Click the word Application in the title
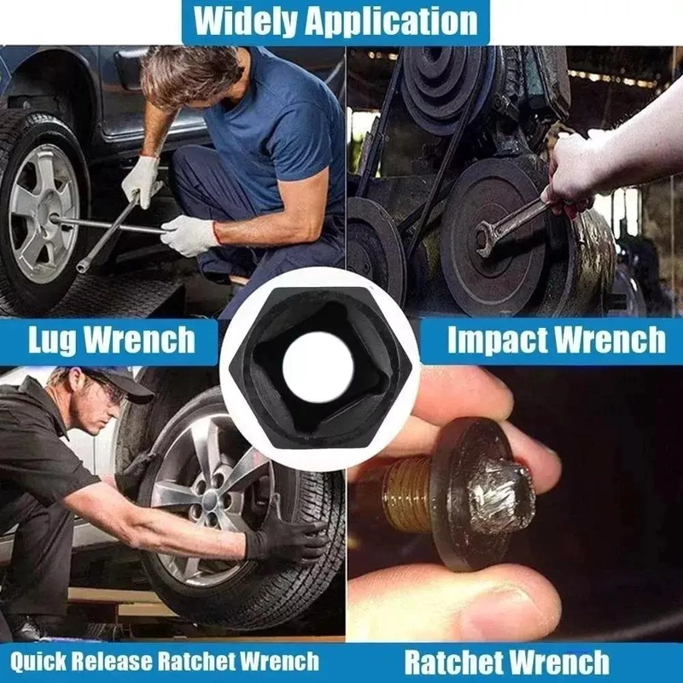coord(392,22)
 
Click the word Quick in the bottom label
coord(38,662)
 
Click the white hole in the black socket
coord(318,367)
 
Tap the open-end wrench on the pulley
coord(511,227)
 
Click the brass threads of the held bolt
coord(407,495)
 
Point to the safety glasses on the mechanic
coord(110,391)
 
